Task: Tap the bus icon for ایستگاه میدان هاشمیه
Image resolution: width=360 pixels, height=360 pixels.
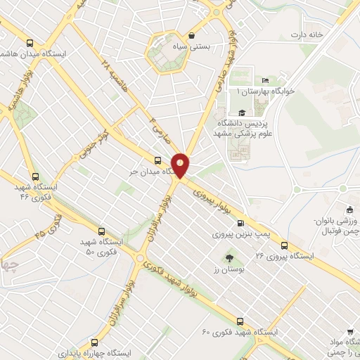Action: [x=29, y=42]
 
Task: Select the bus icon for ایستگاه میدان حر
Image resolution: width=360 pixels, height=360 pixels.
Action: [x=157, y=158]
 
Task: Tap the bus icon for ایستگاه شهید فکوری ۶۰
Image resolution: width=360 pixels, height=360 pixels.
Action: [x=241, y=319]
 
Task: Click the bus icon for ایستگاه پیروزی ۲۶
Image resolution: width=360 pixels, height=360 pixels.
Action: [x=284, y=245]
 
